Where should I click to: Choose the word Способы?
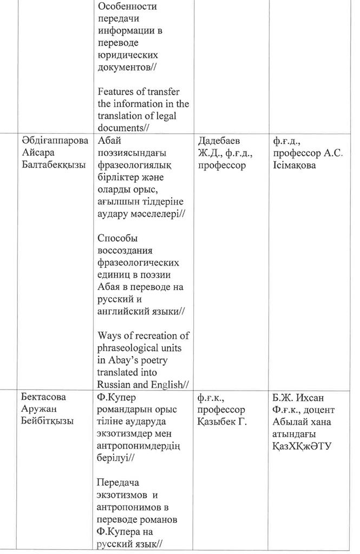[x=117, y=238]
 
